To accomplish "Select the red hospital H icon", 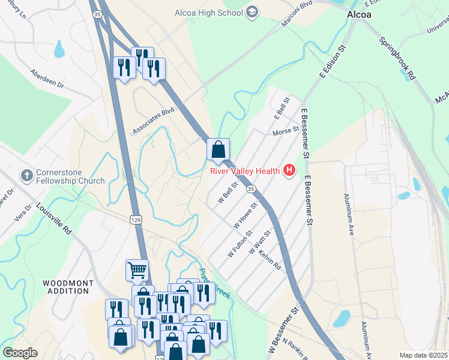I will (289, 171).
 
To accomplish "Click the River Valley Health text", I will (245, 171).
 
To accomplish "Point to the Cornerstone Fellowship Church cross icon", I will (25, 176).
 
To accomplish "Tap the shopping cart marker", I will (137, 271).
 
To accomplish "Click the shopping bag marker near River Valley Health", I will (218, 149).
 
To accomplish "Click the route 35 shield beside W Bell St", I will (251, 189).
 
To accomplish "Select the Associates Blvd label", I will (153, 121).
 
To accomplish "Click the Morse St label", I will (285, 131).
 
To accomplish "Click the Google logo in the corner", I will (20, 353).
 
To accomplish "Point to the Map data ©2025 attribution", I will (423, 355).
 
